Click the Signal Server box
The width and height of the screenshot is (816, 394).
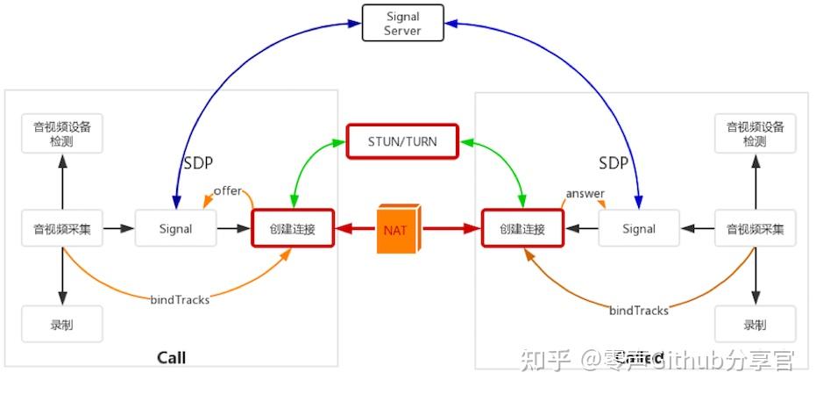tap(402, 23)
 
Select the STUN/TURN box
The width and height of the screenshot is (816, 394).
tap(402, 140)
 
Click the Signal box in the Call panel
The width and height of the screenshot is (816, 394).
tap(175, 229)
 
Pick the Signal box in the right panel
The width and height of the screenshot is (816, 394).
tap(639, 229)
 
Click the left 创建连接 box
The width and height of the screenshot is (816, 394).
tap(293, 229)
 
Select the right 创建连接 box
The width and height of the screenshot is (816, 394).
tap(522, 229)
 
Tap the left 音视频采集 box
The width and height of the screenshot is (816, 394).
tap(62, 229)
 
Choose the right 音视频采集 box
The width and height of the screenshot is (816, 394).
tap(755, 229)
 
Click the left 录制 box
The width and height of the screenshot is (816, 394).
tap(62, 325)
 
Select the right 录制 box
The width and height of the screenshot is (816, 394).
tap(755, 325)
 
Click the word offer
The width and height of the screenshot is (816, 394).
tap(227, 191)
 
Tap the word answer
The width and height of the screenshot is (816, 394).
tap(585, 193)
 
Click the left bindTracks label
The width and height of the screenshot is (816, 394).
tap(180, 299)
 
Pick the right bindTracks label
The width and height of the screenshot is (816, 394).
tap(639, 310)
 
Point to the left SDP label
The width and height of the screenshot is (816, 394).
tap(197, 163)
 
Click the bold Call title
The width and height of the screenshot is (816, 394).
tap(171, 357)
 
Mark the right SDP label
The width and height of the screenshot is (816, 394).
tap(614, 163)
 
